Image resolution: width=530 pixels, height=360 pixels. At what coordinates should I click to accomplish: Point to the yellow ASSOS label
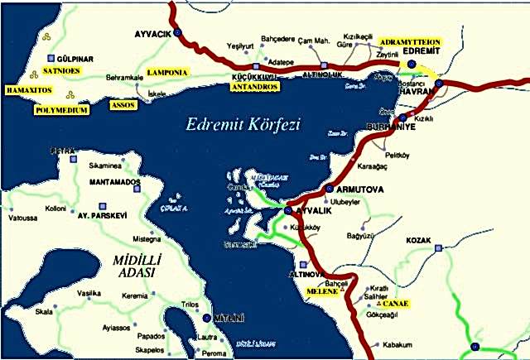[124, 105]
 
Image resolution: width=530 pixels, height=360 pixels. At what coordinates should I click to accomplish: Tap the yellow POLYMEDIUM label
[61, 109]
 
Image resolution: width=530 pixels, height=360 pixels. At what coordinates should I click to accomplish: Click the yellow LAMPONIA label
[167, 73]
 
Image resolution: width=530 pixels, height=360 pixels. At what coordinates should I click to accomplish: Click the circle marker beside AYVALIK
[287, 211]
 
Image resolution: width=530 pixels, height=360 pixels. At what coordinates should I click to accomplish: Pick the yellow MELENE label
[322, 292]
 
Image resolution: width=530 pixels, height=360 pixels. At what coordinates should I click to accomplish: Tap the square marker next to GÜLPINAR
[51, 59]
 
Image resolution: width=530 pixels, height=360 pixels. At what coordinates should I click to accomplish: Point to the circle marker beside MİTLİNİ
[206, 317]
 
